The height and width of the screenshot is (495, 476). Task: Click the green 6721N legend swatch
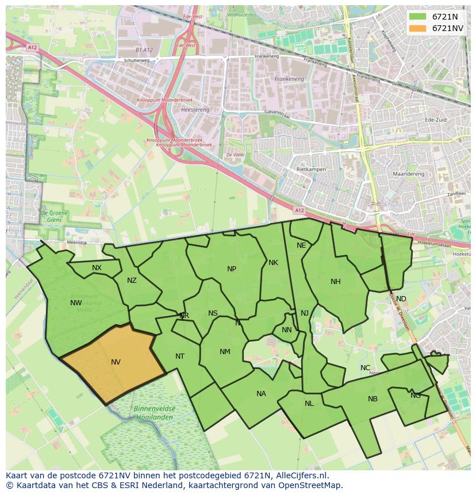418,17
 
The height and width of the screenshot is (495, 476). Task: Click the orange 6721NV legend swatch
418,28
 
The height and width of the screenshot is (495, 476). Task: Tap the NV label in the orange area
116,362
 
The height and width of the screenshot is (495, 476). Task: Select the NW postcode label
76,303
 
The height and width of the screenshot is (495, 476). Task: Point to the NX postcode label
97,268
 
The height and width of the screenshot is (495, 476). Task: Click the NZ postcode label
132,281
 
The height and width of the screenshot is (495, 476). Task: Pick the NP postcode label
232,268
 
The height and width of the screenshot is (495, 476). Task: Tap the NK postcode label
273,263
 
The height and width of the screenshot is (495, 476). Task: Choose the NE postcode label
301,245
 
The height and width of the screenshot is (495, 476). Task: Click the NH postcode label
336,282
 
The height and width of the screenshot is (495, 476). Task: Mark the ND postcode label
401,298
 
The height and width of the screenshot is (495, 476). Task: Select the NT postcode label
180,356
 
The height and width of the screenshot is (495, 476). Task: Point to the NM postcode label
225,352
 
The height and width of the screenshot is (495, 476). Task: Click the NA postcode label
262,394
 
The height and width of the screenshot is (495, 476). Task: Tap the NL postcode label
309,403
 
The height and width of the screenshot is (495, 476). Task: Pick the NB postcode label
373,398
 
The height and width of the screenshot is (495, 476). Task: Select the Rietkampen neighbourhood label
311,170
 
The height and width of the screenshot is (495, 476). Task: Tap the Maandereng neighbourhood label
408,174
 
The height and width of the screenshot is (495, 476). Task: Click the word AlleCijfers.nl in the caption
300,475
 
